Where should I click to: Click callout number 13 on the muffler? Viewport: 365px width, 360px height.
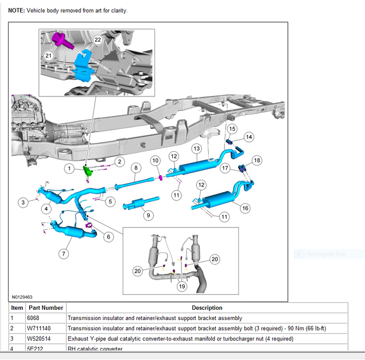click(196, 148)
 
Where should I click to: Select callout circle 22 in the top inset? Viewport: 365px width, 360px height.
click(98, 40)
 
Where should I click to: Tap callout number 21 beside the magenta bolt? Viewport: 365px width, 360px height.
click(48, 55)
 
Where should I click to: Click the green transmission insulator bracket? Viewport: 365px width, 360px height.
click(88, 171)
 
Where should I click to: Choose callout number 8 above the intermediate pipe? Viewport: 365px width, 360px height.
click(135, 168)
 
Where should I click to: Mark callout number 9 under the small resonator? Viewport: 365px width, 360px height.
click(148, 215)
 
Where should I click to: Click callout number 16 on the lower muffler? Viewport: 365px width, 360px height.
click(245, 209)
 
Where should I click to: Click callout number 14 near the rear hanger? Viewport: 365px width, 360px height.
click(249, 137)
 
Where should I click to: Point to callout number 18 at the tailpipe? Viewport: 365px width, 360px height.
click(257, 161)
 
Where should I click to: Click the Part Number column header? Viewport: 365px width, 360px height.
click(45, 308)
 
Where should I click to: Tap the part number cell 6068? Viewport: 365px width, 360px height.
click(34, 318)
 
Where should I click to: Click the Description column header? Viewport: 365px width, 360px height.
click(206, 308)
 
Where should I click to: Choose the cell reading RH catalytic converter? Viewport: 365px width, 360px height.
click(95, 349)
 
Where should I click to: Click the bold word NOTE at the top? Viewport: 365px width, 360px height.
click(16, 11)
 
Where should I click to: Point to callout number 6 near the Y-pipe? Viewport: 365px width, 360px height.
click(108, 236)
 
